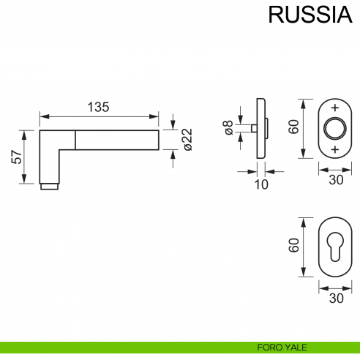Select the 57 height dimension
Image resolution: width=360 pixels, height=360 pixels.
[x=15, y=157]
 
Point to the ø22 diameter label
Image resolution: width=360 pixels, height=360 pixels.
[x=186, y=139]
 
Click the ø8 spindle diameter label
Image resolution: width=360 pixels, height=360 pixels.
[x=228, y=130]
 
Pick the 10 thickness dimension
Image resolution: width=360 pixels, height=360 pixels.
[x=260, y=184]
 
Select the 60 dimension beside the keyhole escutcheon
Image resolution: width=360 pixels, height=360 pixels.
[x=293, y=246]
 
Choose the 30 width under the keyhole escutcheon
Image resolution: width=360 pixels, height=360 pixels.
[x=336, y=298]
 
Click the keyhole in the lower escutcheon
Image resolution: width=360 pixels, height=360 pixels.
[x=336, y=246]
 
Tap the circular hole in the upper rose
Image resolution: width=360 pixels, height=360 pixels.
[x=336, y=127]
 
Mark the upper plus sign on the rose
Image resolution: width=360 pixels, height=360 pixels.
[x=336, y=107]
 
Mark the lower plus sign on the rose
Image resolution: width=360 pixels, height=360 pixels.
[x=336, y=149]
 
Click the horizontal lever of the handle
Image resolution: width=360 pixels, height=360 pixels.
[x=117, y=140]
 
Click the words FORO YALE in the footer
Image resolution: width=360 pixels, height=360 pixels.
[x=276, y=347]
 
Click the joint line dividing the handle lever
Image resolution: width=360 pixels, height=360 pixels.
[x=75, y=140]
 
